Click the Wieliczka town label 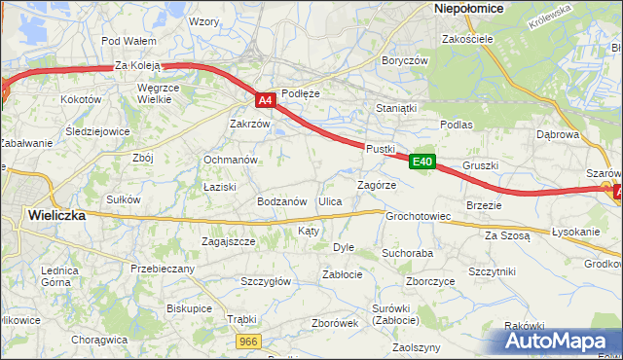[x=55, y=215]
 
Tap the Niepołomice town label [x=467, y=8]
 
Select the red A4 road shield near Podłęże [x=266, y=99]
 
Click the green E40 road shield [x=421, y=162]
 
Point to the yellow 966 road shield [x=248, y=342]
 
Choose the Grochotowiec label [x=418, y=216]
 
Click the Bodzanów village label [x=281, y=201]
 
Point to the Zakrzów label [x=249, y=124]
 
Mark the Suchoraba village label [x=407, y=253]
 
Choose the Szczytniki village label [x=492, y=271]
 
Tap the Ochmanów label [x=230, y=160]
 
